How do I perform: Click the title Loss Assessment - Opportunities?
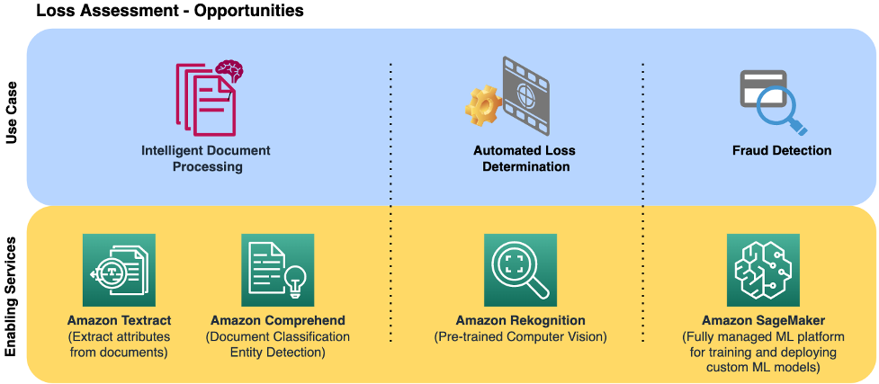click(169, 12)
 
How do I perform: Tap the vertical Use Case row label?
click(12, 117)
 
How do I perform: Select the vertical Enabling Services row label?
click(12, 298)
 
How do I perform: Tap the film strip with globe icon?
click(525, 94)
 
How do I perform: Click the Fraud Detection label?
click(781, 151)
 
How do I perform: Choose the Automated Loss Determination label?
click(525, 158)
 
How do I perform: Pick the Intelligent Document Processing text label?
click(207, 158)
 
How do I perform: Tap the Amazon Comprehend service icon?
click(277, 271)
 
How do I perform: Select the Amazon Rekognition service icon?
click(520, 271)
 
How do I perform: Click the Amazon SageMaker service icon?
click(763, 271)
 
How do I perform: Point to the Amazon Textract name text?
click(119, 321)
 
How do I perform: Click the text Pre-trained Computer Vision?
click(520, 337)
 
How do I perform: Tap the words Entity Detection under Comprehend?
click(277, 353)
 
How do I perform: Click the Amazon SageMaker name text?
click(763, 321)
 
